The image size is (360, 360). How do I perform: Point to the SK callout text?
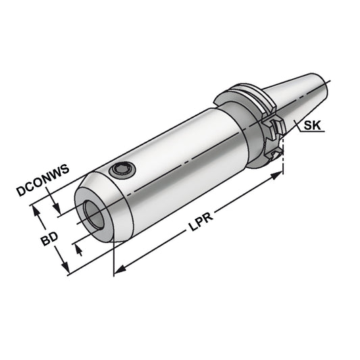tap(313, 126)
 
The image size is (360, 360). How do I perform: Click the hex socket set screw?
tap(122, 171)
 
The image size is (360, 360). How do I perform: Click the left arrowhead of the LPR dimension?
tap(119, 270)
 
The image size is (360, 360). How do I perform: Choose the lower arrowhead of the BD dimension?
tap(67, 272)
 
